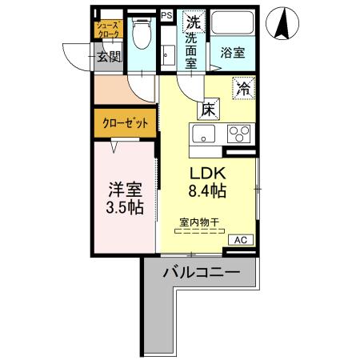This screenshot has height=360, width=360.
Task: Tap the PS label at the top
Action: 166,15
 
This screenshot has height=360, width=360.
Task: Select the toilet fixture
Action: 142,35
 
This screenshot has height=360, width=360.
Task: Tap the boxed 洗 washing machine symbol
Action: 193,21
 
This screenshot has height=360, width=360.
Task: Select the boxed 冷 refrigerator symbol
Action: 243,89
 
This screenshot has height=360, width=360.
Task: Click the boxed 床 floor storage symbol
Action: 206,109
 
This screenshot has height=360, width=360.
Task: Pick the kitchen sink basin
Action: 202,134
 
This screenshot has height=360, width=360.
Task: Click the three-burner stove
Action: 239,134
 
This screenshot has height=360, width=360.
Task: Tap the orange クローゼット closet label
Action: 125,123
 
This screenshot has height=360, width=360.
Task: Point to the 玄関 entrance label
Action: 109,56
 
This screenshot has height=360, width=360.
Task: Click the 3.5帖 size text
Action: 126,208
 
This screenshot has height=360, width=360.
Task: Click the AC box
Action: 241,239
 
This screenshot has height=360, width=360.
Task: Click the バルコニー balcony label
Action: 201,272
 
